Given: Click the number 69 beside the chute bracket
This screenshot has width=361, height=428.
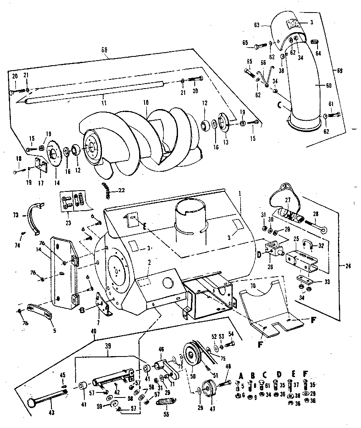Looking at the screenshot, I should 339,71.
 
